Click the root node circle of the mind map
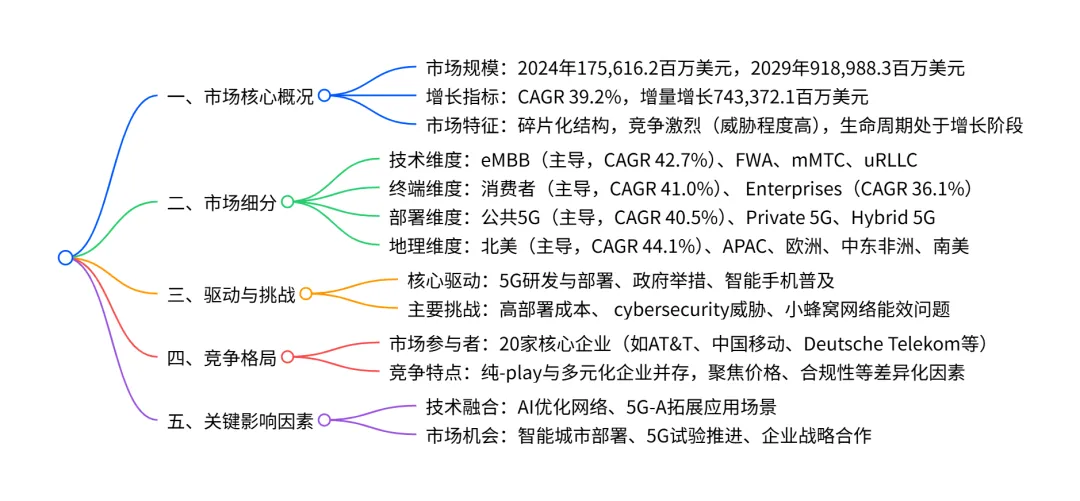pyautogui.click(x=65, y=257)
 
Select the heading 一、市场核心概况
pyautogui.click(x=240, y=97)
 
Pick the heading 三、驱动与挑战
pyautogui.click(x=231, y=294)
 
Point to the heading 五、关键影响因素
pyautogui.click(x=240, y=421)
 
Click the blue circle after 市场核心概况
pyautogui.click(x=324, y=97)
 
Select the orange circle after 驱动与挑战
pyautogui.click(x=306, y=294)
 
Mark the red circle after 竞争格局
pyautogui.click(x=288, y=357)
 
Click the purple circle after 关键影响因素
pyautogui.click(x=324, y=421)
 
